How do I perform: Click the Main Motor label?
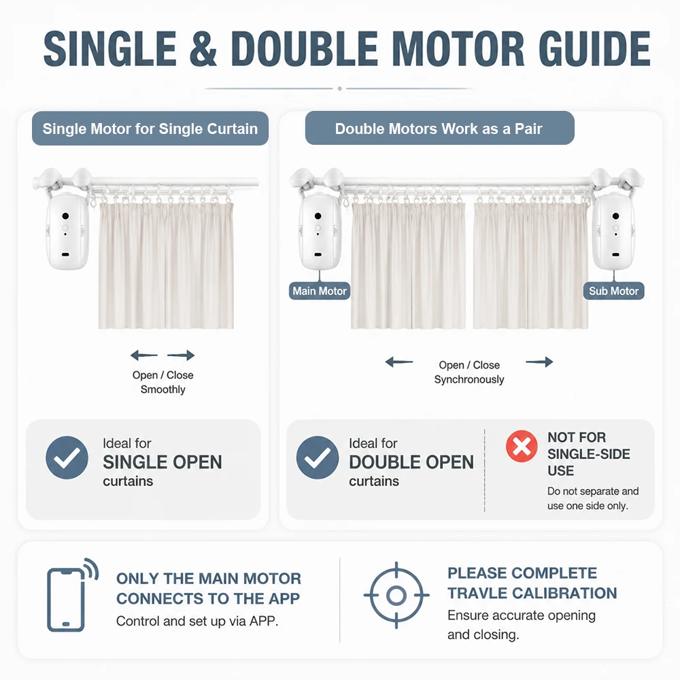(x=320, y=290)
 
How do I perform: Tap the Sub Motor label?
(x=613, y=290)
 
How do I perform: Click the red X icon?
(x=522, y=446)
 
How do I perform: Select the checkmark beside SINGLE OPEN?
(x=67, y=458)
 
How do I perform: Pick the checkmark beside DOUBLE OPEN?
(x=318, y=458)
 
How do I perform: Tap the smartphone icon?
(x=71, y=594)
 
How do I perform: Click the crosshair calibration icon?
(x=396, y=596)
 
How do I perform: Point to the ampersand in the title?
(x=203, y=48)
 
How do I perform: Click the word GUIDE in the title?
(x=594, y=48)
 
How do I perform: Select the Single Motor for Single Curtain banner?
(x=150, y=129)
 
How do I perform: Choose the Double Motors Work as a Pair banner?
(x=440, y=128)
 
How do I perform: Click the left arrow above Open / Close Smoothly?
(x=144, y=355)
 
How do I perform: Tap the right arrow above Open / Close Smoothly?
(x=181, y=355)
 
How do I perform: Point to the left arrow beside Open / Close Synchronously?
(x=399, y=362)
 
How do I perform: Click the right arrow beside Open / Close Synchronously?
(x=539, y=362)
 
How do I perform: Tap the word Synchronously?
(x=469, y=380)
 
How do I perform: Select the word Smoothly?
(x=163, y=390)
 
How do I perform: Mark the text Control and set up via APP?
(x=197, y=621)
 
